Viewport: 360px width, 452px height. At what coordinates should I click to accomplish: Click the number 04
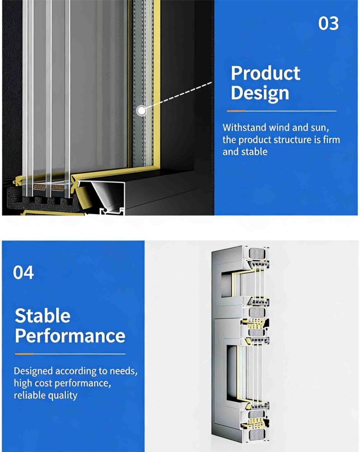click(x=23, y=272)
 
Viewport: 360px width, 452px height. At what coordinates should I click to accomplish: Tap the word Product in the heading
click(x=265, y=73)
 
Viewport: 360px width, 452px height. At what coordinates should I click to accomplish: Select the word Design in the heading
click(x=260, y=94)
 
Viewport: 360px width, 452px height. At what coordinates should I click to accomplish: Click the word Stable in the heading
click(x=42, y=316)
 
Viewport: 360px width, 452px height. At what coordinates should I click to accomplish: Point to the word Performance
click(x=70, y=336)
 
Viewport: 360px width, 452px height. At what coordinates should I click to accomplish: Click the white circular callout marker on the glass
click(x=141, y=110)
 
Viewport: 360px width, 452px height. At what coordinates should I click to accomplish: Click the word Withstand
click(x=244, y=128)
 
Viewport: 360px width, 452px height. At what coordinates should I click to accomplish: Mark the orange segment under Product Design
click(x=236, y=111)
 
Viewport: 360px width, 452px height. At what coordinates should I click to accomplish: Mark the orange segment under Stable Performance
click(x=24, y=354)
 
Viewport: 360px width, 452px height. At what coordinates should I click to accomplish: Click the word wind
click(x=280, y=128)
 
